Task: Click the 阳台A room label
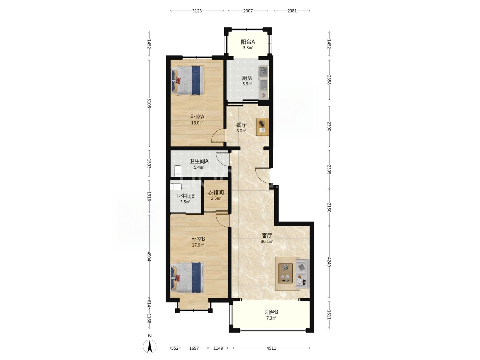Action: (x=248, y=42)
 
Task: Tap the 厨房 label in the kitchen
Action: (x=247, y=78)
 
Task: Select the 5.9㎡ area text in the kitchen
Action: (x=247, y=84)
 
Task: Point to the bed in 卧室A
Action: (x=188, y=81)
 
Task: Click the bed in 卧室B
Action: (x=187, y=278)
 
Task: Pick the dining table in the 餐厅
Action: (x=262, y=127)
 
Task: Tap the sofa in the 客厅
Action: (x=302, y=274)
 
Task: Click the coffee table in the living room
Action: (x=285, y=274)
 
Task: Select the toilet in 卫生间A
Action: (x=178, y=171)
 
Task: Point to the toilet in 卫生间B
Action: (x=176, y=187)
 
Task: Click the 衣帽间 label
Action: (x=216, y=193)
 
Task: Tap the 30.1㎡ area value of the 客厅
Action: (x=267, y=241)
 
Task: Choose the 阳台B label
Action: (x=271, y=312)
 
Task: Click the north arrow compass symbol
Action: (x=149, y=346)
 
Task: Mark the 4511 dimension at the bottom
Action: (x=271, y=348)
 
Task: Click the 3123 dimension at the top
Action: (x=197, y=11)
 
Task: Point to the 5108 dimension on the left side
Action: (x=149, y=103)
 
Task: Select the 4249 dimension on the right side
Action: (x=329, y=262)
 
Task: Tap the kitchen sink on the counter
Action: (x=263, y=72)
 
